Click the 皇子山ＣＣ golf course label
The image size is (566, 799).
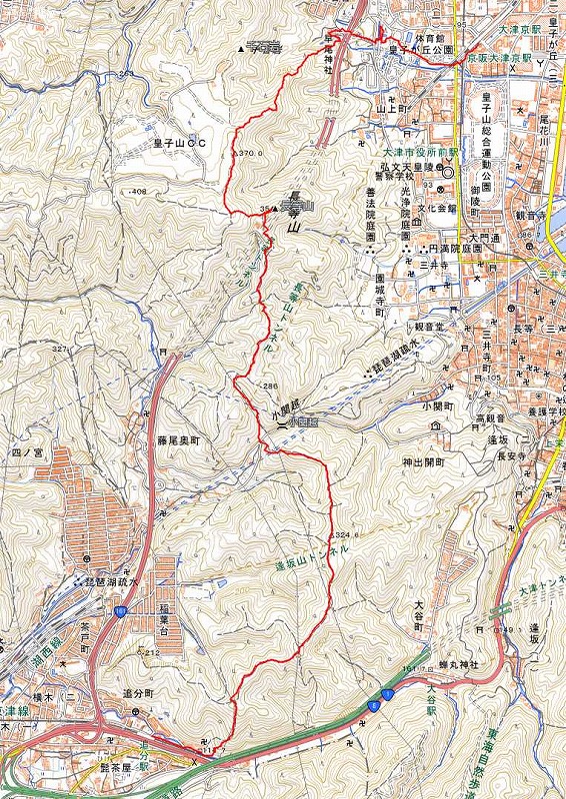(180, 144)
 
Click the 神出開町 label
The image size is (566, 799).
(420, 463)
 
